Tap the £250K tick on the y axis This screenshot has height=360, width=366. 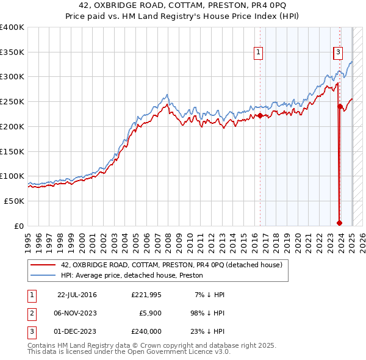click(x=12, y=102)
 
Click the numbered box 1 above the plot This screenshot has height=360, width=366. click(x=259, y=53)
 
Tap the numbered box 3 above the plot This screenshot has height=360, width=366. click(x=337, y=53)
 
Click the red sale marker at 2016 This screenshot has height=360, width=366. click(x=260, y=115)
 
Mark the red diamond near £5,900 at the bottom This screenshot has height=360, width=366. click(x=339, y=223)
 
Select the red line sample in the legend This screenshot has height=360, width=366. click(x=42, y=265)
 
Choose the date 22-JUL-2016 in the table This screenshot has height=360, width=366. click(x=77, y=295)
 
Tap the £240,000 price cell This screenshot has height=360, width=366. click(x=146, y=331)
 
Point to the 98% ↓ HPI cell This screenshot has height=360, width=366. click(x=206, y=313)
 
